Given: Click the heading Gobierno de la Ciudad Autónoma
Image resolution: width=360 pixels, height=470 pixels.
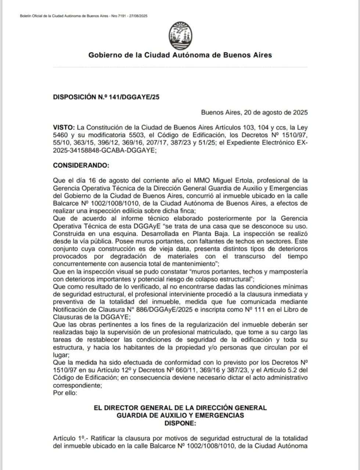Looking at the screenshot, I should click(x=180, y=55).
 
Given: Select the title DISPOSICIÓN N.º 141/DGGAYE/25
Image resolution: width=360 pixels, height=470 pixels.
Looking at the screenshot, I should click(x=106, y=97).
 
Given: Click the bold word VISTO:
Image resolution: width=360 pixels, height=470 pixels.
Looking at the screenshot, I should click(x=64, y=127).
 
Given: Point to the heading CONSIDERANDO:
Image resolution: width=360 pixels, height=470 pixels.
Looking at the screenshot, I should click(x=81, y=165).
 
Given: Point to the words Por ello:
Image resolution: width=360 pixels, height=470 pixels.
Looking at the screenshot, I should click(x=65, y=393).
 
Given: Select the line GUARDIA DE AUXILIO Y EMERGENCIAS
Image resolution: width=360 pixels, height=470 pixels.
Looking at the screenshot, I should click(x=180, y=415).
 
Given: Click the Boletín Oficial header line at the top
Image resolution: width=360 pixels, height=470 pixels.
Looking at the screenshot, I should click(x=83, y=16).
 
